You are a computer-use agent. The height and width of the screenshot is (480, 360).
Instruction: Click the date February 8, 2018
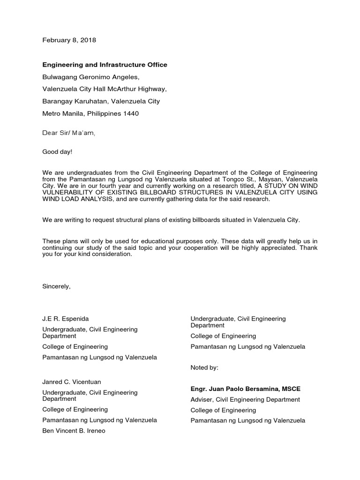[x=69, y=40]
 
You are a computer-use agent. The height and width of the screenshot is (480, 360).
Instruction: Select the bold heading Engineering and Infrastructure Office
[x=105, y=65]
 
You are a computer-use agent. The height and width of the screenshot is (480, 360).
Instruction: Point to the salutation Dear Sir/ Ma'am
[x=69, y=133]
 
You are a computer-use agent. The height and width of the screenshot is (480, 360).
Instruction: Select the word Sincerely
[x=56, y=286]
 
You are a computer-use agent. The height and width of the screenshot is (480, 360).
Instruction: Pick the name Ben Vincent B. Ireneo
[x=74, y=431]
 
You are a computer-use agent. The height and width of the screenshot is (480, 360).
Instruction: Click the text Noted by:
[x=204, y=368]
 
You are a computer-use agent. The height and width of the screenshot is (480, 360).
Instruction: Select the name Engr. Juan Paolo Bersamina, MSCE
[x=246, y=389]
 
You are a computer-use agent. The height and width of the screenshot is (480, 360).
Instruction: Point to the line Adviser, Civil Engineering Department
[x=245, y=400]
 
